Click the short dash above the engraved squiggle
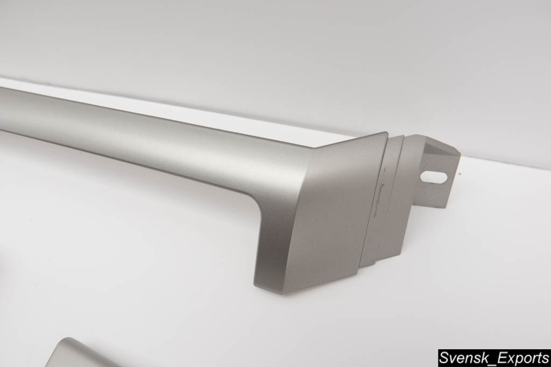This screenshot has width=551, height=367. click(x=385, y=170)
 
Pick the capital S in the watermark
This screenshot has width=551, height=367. click(x=443, y=358)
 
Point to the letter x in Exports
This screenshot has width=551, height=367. click(x=501, y=360)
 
